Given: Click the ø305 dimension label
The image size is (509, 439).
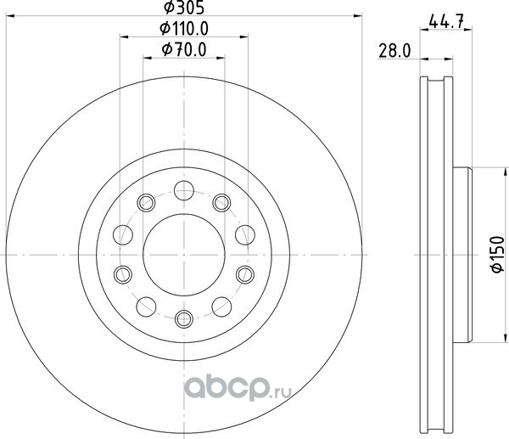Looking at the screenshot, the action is click(184, 8).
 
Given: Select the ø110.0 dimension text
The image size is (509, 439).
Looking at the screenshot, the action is click(184, 29).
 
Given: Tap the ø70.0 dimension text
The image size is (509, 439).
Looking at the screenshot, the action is click(184, 50).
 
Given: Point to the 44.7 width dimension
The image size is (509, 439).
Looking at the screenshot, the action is click(446, 22).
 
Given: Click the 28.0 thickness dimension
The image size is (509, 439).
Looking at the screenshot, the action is click(394, 51).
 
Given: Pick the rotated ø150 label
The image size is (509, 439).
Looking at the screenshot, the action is click(498, 255).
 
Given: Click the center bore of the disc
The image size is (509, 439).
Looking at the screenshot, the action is click(184, 255).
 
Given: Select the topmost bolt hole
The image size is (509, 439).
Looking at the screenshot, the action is click(184, 190).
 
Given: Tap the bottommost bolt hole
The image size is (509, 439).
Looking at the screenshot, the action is click(184, 319).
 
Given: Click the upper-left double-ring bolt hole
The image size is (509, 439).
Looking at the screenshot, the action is click(146, 203).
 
